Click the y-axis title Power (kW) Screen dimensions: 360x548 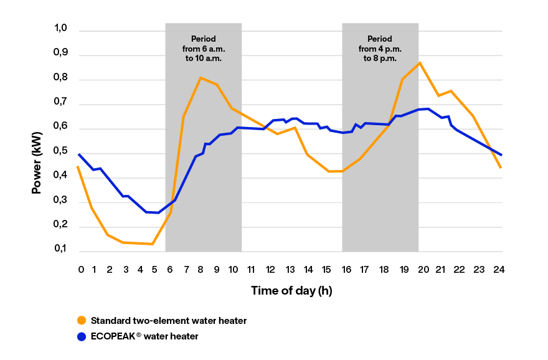pyautogui.click(x=37, y=158)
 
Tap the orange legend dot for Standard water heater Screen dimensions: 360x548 pyautogui.click(x=82, y=321)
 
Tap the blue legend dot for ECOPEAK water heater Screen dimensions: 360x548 pyautogui.click(x=82, y=336)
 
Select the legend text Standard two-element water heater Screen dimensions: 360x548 pyautogui.click(x=168, y=321)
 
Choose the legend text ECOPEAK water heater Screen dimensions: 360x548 pyautogui.click(x=144, y=336)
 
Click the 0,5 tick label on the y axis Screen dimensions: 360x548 pyautogui.click(x=60, y=151)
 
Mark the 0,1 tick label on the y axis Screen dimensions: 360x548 pyautogui.click(x=60, y=249)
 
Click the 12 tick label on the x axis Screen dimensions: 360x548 pyautogui.click(x=270, y=270)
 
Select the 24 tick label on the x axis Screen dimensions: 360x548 pyautogui.click(x=498, y=270)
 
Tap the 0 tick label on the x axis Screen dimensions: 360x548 pyautogui.click(x=81, y=270)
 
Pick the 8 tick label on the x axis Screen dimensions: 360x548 pyautogui.click(x=201, y=270)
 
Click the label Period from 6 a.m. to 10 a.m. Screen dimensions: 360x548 pyautogui.click(x=203, y=48)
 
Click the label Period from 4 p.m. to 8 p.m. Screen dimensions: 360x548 pyautogui.click(x=380, y=48)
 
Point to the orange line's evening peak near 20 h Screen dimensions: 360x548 pyautogui.click(x=420, y=62)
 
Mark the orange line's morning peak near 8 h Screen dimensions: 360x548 pyautogui.click(x=201, y=78)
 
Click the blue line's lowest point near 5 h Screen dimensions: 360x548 pyautogui.click(x=159, y=213)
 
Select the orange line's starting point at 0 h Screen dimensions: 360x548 pyautogui.click(x=78, y=166)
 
